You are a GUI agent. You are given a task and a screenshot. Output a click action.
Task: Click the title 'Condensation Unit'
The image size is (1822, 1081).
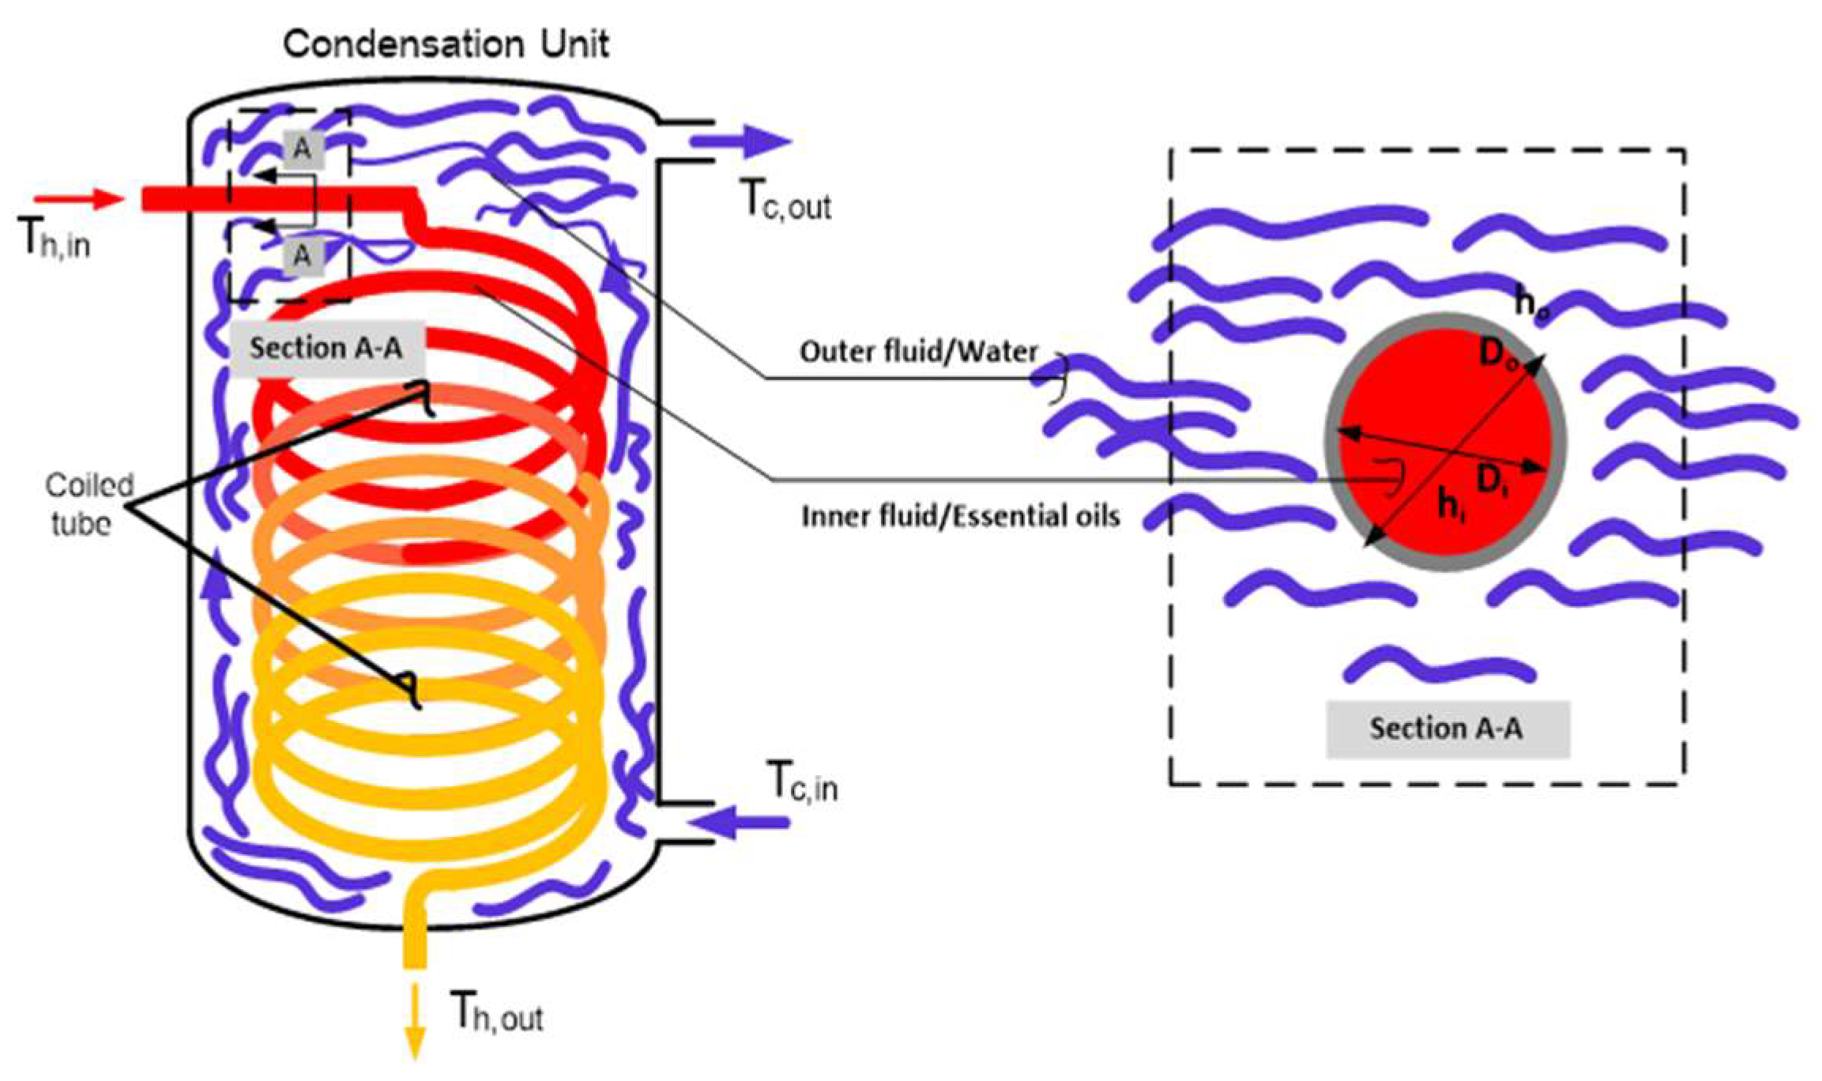click(x=446, y=43)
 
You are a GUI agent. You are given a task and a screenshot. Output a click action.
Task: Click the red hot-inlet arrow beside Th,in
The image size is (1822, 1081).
click(x=79, y=198)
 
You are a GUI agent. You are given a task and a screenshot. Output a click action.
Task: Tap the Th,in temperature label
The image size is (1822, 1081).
click(x=54, y=238)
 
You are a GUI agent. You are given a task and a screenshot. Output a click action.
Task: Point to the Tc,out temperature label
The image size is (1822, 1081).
click(x=787, y=201)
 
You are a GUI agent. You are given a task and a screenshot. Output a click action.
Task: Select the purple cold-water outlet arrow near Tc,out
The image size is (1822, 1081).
click(x=740, y=142)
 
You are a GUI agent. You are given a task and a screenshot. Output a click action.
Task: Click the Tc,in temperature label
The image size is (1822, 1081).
click(x=803, y=782)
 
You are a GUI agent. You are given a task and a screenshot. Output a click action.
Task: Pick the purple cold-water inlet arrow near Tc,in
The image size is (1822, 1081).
click(x=739, y=823)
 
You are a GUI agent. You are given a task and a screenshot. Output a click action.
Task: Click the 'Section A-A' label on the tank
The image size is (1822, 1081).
click(x=326, y=348)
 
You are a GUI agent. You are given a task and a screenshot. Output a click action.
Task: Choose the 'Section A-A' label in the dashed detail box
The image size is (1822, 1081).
click(x=1446, y=729)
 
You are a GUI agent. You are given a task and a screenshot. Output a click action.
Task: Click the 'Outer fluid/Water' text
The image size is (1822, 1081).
click(x=918, y=352)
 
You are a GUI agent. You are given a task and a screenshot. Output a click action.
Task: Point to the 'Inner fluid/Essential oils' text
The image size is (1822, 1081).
click(x=960, y=517)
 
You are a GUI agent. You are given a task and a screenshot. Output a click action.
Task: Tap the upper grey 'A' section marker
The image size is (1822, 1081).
click(x=303, y=148)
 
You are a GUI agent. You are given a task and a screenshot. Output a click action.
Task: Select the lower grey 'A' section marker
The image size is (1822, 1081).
click(x=301, y=256)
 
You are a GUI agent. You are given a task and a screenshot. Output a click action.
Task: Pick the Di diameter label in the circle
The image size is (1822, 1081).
click(x=1492, y=480)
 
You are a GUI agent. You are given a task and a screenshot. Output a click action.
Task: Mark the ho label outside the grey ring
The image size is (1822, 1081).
click(x=1531, y=304)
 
